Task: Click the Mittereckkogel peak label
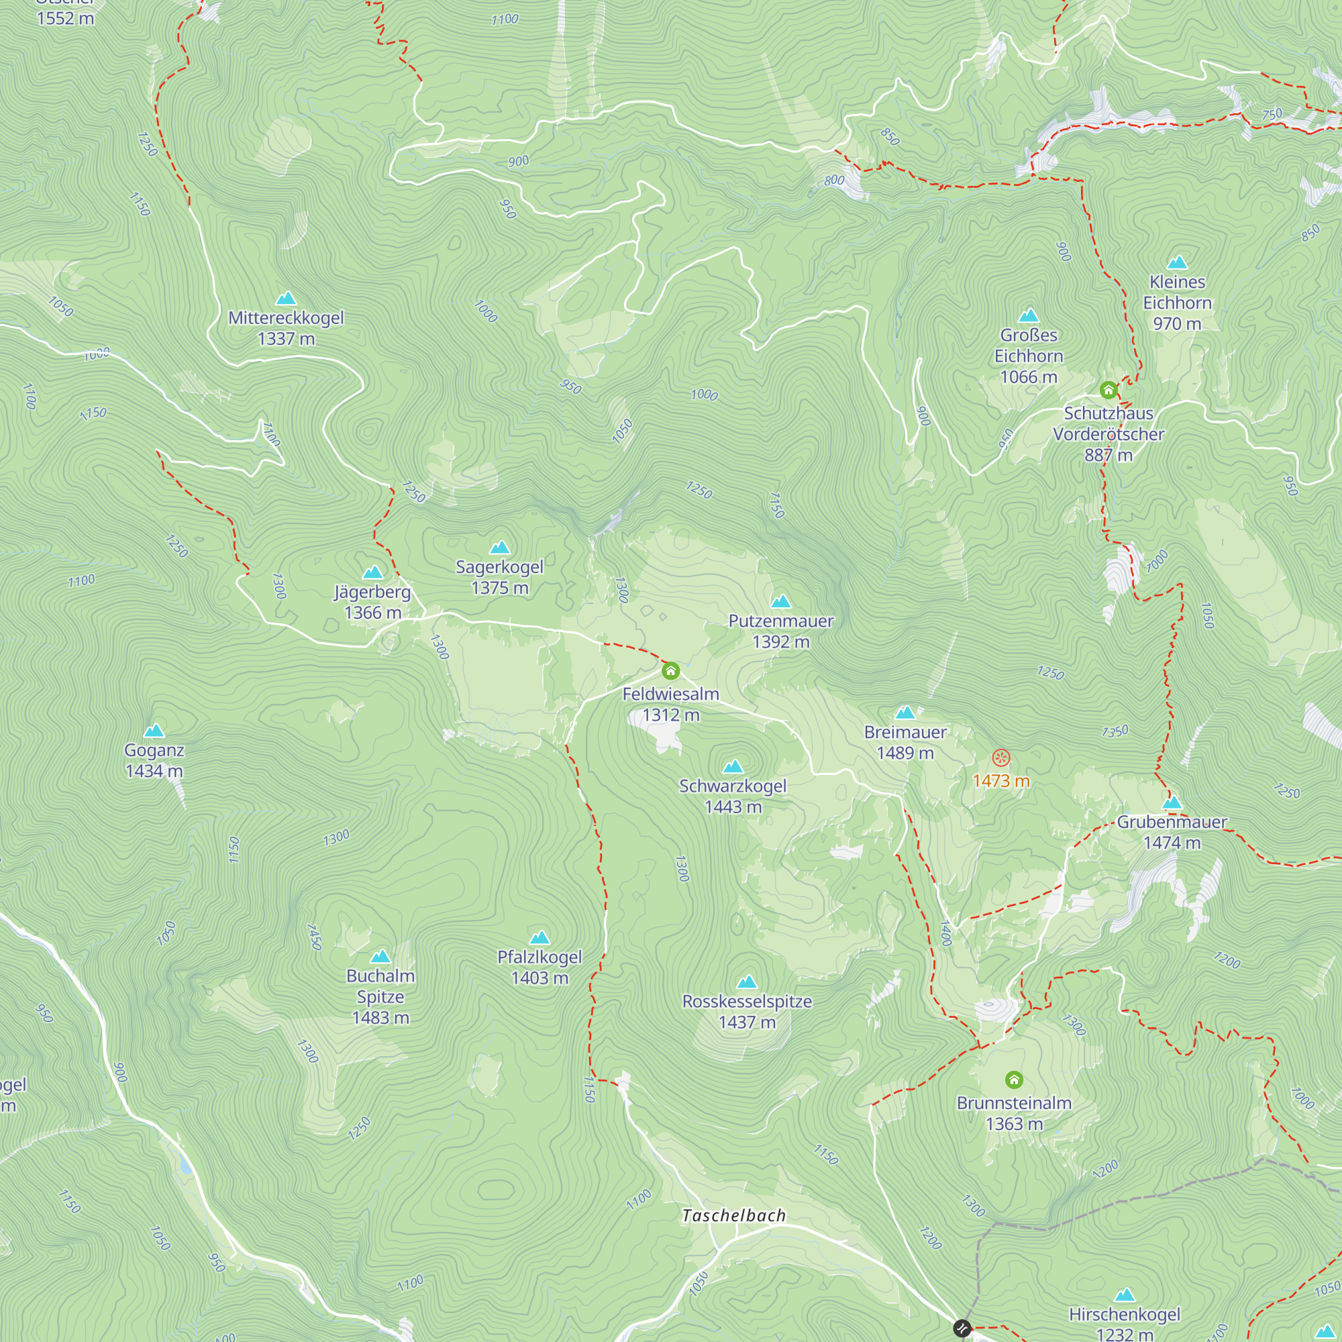287,328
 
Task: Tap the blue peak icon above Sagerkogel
499,548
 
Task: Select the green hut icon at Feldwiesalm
670,671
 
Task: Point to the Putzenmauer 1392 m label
781,631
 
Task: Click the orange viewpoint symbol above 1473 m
1000,757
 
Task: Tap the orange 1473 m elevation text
1000,781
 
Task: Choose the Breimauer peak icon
905,713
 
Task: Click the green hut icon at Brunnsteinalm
1014,1080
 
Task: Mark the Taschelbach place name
733,1216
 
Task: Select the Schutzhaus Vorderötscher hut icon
1108,390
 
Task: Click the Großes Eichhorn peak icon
1028,316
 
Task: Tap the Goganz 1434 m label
154,760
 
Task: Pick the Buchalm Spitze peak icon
380,958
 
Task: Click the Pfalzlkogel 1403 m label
539,967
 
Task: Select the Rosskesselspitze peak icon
747,982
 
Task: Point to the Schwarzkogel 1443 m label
733,796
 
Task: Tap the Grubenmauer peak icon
1172,803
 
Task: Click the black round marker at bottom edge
962,1328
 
